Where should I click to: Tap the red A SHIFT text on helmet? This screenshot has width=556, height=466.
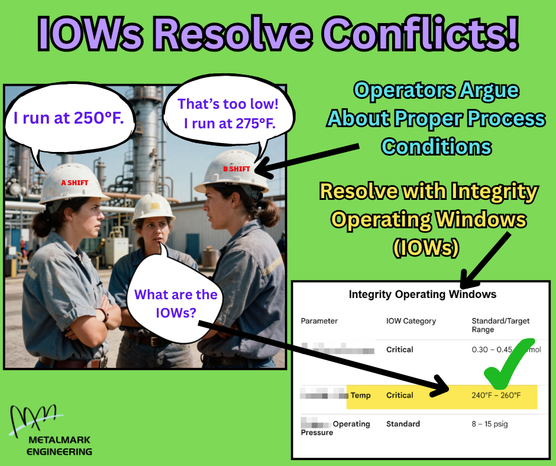click(x=75, y=183)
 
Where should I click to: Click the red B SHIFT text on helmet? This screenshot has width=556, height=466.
click(x=236, y=169)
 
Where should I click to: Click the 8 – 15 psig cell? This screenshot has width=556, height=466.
click(x=490, y=424)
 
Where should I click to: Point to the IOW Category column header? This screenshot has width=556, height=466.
click(x=410, y=321)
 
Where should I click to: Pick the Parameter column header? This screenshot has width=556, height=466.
click(x=319, y=321)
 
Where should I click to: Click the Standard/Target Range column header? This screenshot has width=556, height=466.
click(x=500, y=325)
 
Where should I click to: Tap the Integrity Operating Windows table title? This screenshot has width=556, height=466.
click(x=422, y=294)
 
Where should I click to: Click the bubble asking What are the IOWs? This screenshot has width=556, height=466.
click(x=175, y=303)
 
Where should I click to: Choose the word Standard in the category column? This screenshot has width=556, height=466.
click(x=403, y=424)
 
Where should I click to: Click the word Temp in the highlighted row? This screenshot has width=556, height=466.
click(x=361, y=395)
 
